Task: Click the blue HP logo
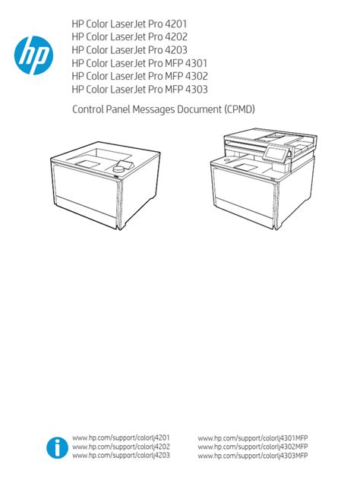pos(33,55)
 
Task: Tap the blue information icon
pos(57,447)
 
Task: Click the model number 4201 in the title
pos(175,24)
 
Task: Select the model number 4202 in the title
pos(176,37)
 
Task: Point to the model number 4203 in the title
pos(176,50)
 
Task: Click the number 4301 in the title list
pos(196,63)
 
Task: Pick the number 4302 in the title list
pos(197,76)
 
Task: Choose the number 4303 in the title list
pos(197,90)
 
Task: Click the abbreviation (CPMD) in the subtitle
pos(239,109)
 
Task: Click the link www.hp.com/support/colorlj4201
pos(121,437)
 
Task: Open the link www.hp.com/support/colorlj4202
pos(121,447)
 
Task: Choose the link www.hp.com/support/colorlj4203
pos(121,456)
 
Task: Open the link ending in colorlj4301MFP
pos(253,438)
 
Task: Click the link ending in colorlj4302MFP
pos(253,447)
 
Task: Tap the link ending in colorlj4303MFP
pos(253,456)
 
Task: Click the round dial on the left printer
pos(118,169)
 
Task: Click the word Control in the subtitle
pos(88,109)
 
